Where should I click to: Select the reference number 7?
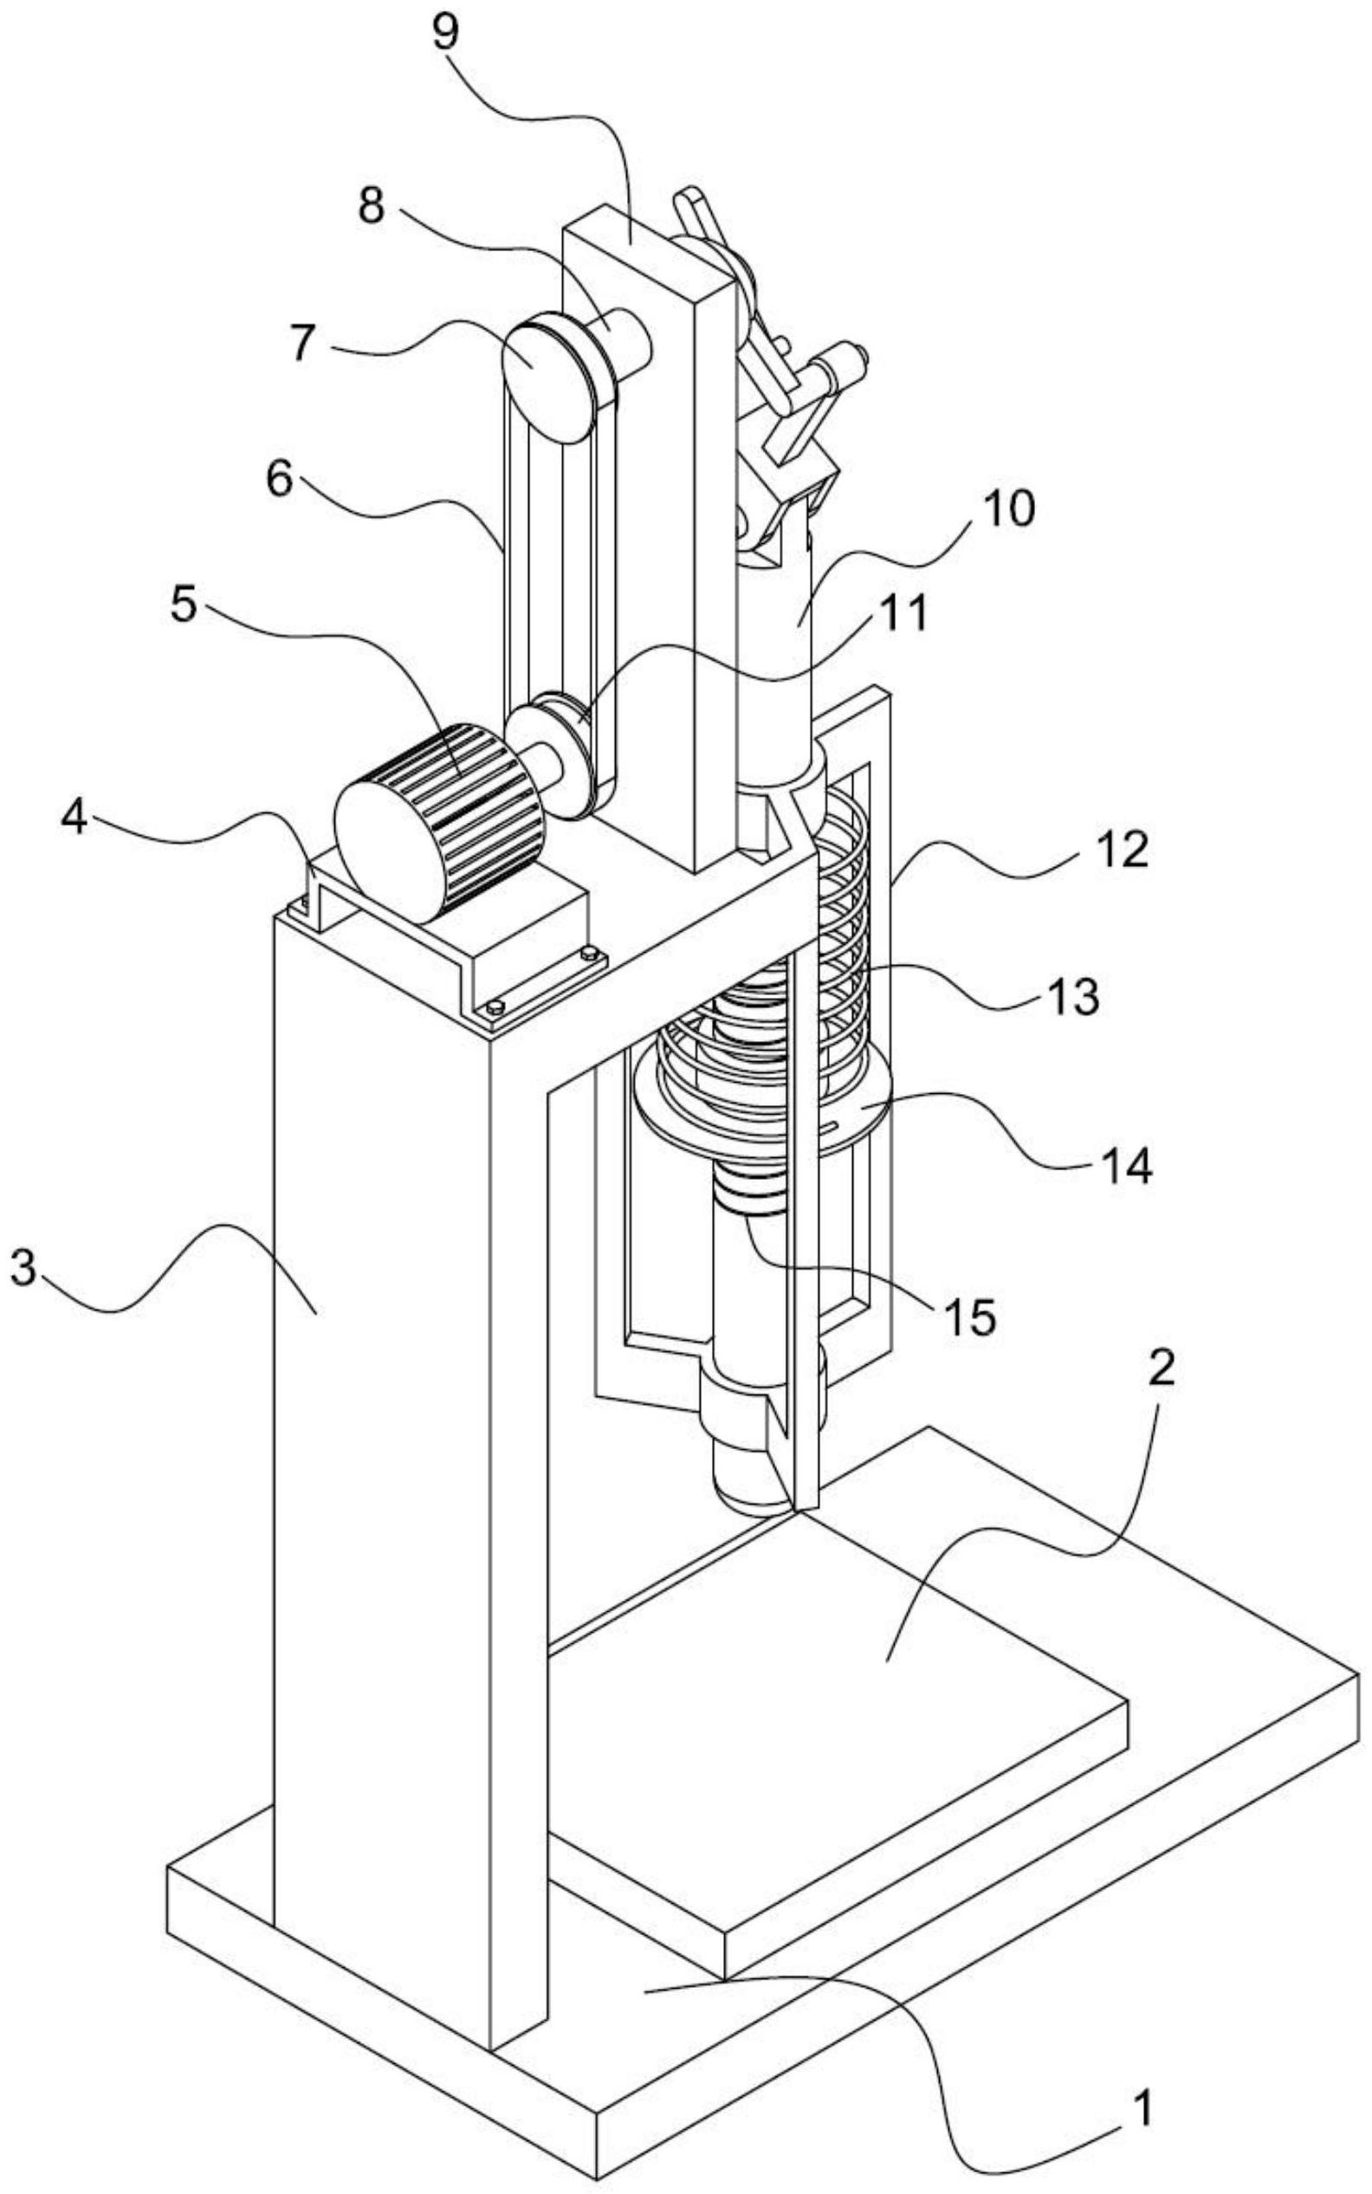(x=305, y=345)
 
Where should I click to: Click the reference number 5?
(x=184, y=606)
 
